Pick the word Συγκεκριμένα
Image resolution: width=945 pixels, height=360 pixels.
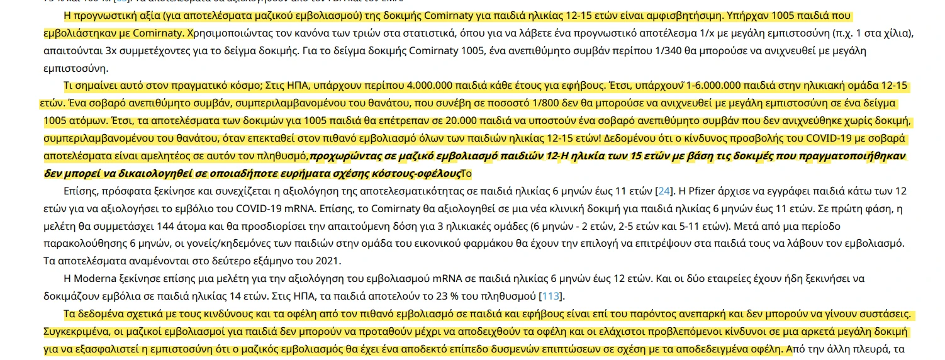[x=77, y=331]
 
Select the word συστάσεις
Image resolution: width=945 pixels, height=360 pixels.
[x=885, y=313]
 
